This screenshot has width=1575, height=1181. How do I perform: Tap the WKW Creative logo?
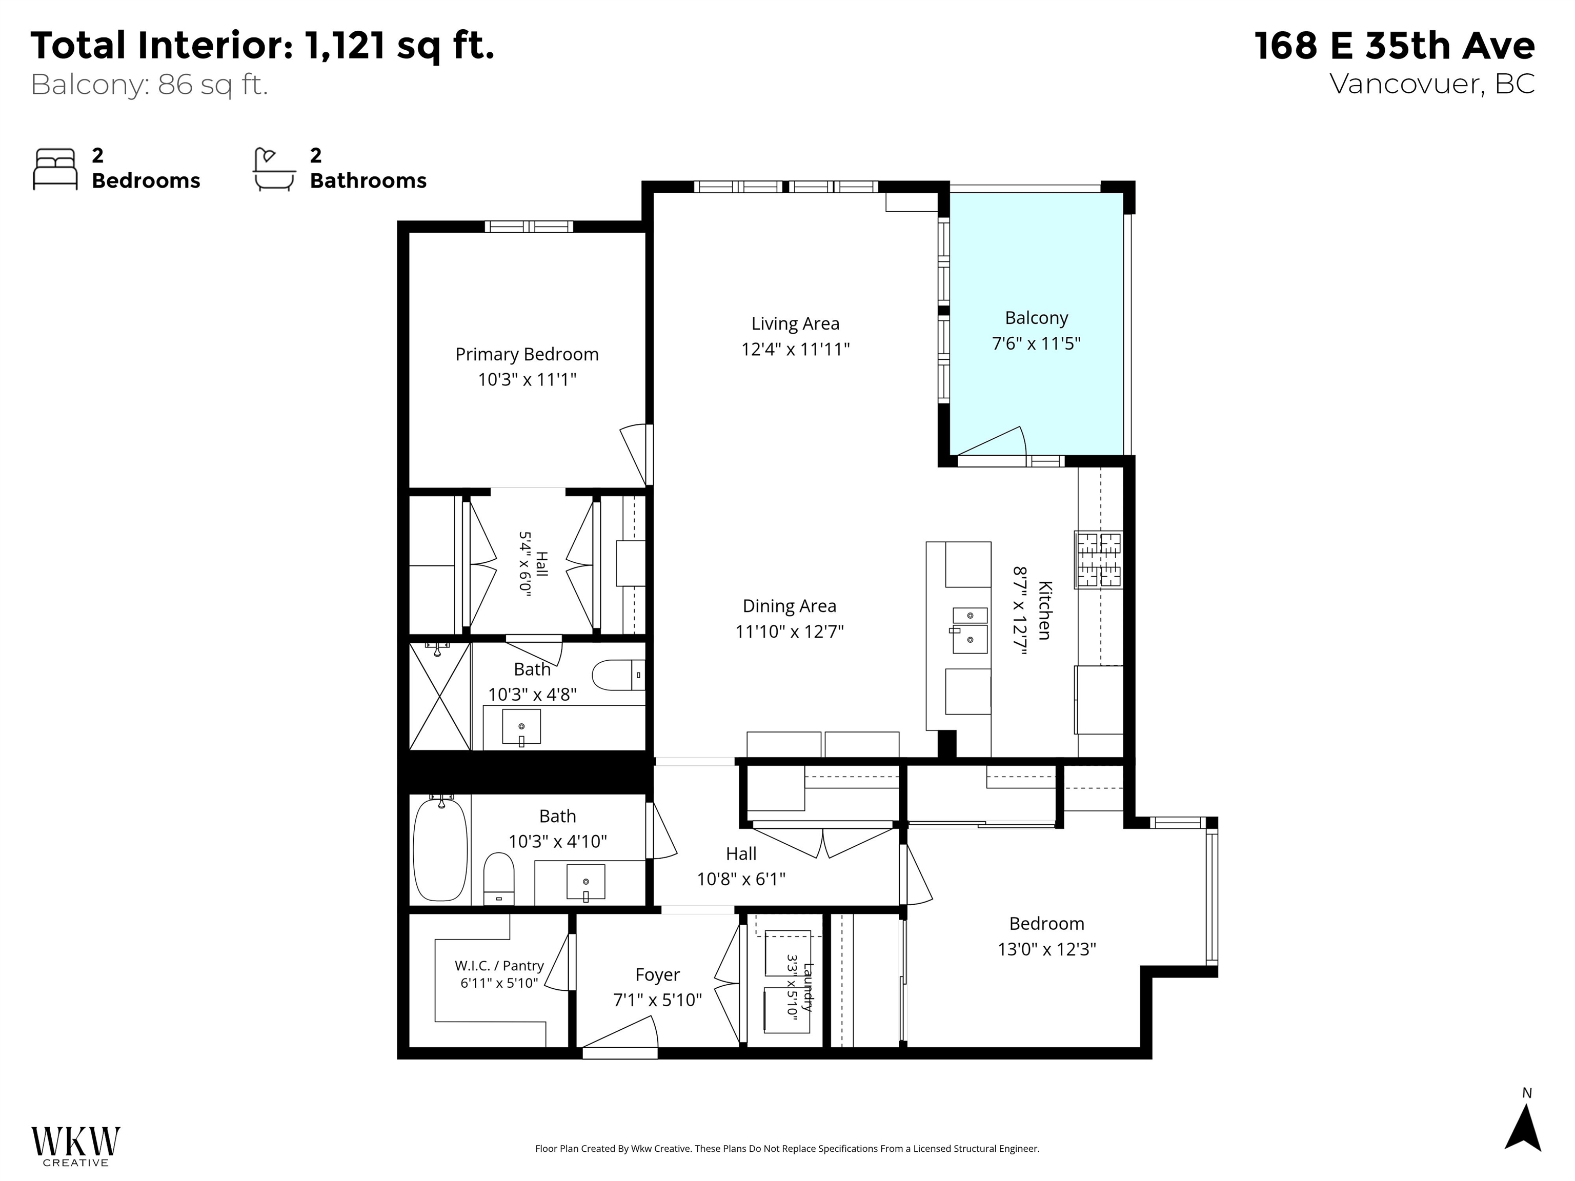[75, 1146]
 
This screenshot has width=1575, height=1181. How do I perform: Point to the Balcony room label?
[1036, 318]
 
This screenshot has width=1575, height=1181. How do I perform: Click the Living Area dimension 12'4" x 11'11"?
[795, 349]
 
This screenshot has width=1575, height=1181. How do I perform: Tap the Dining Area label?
[789, 606]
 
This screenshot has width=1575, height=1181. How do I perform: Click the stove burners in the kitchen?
[1098, 560]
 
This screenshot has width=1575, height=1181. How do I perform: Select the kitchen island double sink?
[970, 630]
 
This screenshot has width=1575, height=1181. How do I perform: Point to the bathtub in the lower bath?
[441, 849]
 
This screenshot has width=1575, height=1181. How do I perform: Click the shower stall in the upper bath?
[440, 696]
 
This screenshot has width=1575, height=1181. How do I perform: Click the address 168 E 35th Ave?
[1394, 46]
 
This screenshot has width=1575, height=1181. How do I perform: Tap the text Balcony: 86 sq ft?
[150, 85]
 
